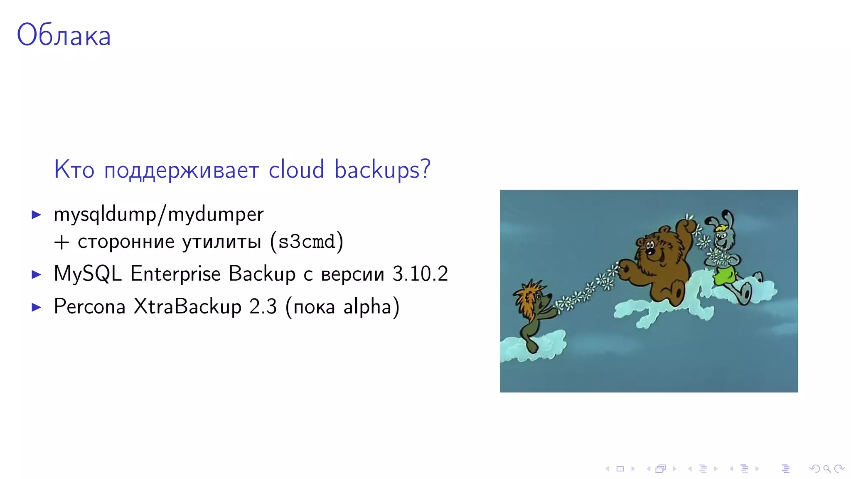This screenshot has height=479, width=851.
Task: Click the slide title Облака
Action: [64, 35]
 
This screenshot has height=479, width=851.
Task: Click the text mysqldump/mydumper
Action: [158, 215]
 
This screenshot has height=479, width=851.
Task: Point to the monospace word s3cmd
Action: [306, 242]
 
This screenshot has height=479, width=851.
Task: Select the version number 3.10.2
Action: [420, 274]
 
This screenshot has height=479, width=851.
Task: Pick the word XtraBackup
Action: [187, 306]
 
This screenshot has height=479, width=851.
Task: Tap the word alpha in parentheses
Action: [367, 306]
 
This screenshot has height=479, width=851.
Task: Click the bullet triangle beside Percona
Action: [37, 307]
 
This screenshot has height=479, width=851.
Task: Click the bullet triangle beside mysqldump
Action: [37, 215]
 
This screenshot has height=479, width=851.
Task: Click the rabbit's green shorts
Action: [724, 275]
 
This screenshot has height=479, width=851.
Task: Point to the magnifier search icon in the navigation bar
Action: [827, 469]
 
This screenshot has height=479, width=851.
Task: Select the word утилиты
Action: [221, 242]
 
